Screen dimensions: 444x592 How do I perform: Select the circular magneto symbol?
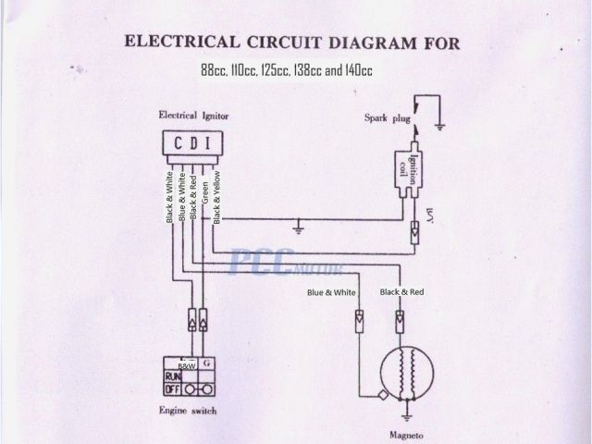pyautogui.click(x=405, y=374)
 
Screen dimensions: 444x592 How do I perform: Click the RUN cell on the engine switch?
pyautogui.click(x=174, y=377)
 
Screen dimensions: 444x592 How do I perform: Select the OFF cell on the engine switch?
pyautogui.click(x=174, y=389)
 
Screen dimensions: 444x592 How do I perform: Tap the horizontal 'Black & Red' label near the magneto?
pyautogui.click(x=401, y=292)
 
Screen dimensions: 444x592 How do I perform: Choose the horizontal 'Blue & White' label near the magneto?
pyautogui.click(x=332, y=293)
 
